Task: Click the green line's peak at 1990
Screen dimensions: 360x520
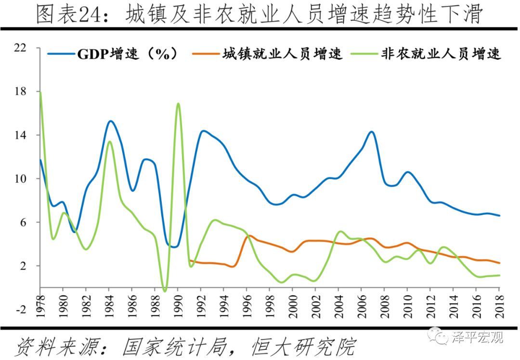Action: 178,103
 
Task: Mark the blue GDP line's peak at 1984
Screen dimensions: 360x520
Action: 110,121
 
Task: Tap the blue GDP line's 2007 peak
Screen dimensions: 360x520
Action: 372,131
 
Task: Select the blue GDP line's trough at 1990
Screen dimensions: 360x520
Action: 175,247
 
